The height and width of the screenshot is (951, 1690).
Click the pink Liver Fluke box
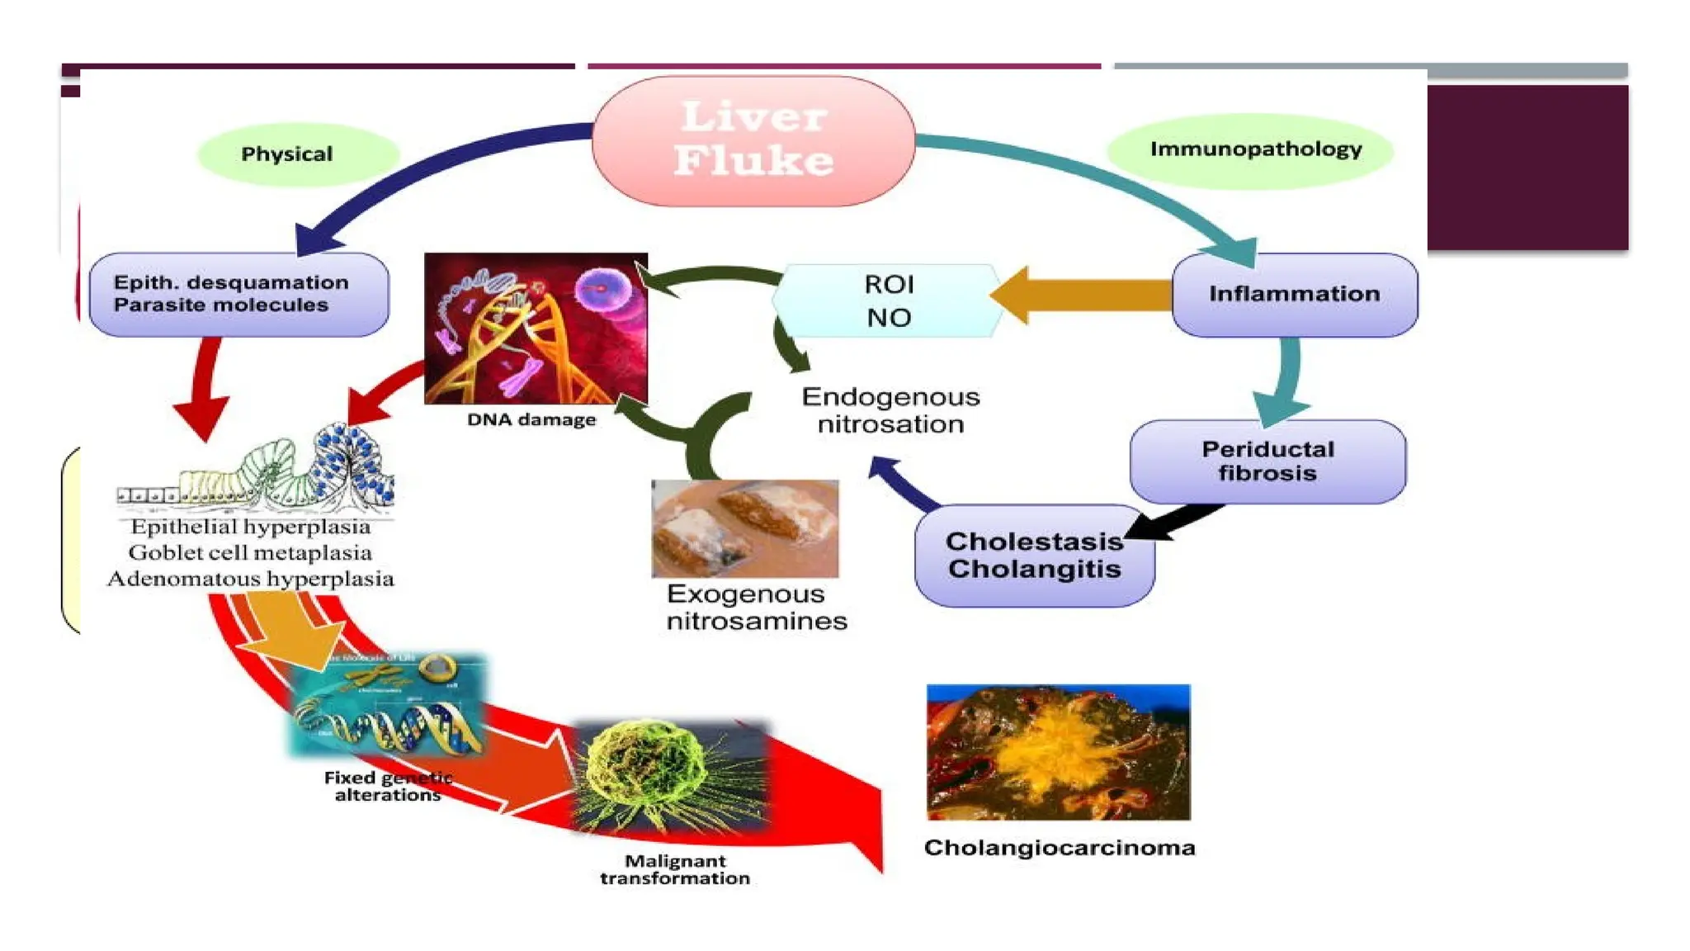[x=753, y=140]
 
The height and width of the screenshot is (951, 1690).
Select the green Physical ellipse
[x=298, y=154]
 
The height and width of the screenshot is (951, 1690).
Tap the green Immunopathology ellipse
[x=1249, y=151]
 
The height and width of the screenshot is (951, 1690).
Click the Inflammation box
[x=1294, y=294]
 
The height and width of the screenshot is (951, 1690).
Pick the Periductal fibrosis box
[x=1267, y=461]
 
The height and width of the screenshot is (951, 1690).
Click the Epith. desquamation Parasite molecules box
[x=238, y=294]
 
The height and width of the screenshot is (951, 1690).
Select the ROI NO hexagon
[x=888, y=300]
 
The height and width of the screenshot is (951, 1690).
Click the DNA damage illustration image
[x=536, y=328]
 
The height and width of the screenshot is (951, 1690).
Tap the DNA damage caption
[x=531, y=419]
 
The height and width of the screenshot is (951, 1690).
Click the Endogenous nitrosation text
[x=890, y=410]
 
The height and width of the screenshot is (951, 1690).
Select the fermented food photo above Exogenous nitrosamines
[x=744, y=528]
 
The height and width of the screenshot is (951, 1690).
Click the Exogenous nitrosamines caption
[x=756, y=608]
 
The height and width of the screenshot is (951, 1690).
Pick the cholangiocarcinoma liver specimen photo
[x=1058, y=751]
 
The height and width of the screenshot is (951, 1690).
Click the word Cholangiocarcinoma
[x=1059, y=848]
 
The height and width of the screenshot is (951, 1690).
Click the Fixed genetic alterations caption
[x=387, y=786]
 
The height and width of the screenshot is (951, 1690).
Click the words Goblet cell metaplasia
[x=250, y=552]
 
